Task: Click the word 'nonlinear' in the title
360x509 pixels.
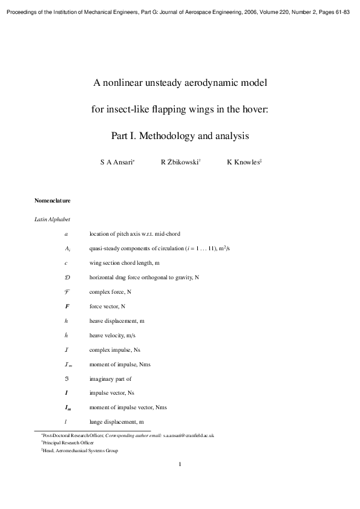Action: (127, 82)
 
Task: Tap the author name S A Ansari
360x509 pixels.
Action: (117, 162)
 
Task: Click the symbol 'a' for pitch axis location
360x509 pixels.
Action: (66, 233)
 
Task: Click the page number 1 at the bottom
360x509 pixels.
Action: (180, 464)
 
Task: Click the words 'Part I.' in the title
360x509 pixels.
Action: (125, 136)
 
